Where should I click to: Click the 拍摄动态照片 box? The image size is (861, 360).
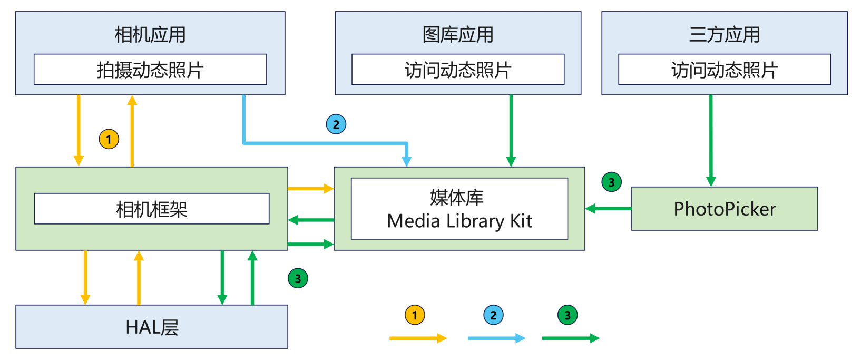pyautogui.click(x=150, y=70)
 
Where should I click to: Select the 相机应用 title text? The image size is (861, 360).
pyautogui.click(x=150, y=35)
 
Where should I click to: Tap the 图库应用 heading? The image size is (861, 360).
pyautogui.click(x=458, y=35)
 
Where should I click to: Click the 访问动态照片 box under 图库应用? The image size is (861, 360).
pyautogui.click(x=458, y=70)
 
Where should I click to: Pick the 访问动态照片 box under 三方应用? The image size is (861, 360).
pyautogui.click(x=725, y=70)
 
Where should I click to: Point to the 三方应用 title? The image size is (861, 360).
pyautogui.click(x=725, y=35)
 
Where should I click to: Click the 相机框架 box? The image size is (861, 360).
pyautogui.click(x=152, y=209)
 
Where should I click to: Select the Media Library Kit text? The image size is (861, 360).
pyautogui.click(x=459, y=221)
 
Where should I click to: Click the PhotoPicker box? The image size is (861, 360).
pyautogui.click(x=725, y=209)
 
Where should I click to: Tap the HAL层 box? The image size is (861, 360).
pyautogui.click(x=152, y=327)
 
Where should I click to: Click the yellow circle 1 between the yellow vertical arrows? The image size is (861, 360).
pyautogui.click(x=109, y=139)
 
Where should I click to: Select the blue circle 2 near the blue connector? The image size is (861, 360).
pyautogui.click(x=336, y=124)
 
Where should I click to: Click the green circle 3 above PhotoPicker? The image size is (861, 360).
pyautogui.click(x=611, y=182)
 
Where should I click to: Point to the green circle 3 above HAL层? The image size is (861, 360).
pyautogui.click(x=298, y=278)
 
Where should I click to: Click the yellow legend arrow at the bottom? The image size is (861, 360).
pyautogui.click(x=417, y=338)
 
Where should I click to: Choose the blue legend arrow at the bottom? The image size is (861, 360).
pyautogui.click(x=496, y=338)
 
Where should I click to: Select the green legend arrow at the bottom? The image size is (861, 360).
pyautogui.click(x=570, y=338)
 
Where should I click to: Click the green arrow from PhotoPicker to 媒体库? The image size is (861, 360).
pyautogui.click(x=609, y=209)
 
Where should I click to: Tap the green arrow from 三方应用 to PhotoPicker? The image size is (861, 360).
pyautogui.click(x=711, y=140)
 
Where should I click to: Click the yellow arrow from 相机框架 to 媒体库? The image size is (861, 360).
pyautogui.click(x=310, y=188)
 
